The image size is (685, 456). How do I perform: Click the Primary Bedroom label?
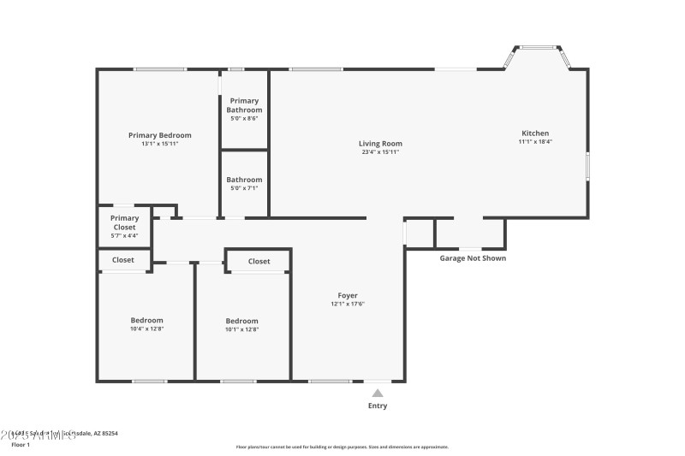pyautogui.click(x=159, y=135)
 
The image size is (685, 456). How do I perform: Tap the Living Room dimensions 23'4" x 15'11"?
pyautogui.click(x=380, y=152)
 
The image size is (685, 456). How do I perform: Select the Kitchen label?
pyautogui.click(x=535, y=133)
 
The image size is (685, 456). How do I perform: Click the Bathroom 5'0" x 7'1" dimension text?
pyautogui.click(x=244, y=188)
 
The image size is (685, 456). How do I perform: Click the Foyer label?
pyautogui.click(x=348, y=296)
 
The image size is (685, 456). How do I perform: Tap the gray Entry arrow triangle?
pyautogui.click(x=377, y=393)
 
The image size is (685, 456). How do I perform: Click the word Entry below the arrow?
pyautogui.click(x=377, y=406)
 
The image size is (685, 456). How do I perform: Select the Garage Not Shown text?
pyautogui.click(x=473, y=258)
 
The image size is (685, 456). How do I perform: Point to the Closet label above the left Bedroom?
pyautogui.click(x=123, y=260)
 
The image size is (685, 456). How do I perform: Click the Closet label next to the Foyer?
pyautogui.click(x=259, y=262)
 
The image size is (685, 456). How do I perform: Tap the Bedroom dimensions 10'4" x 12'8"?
pyautogui.click(x=146, y=329)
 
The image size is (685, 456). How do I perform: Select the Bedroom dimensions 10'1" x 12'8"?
pyautogui.click(x=241, y=329)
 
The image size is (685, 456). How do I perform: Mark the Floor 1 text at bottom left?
pyautogui.click(x=20, y=445)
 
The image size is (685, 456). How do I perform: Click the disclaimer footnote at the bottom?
pyautogui.click(x=342, y=447)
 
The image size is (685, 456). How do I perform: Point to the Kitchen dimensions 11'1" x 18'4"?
pyautogui.click(x=535, y=142)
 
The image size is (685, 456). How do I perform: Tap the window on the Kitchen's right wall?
pyautogui.click(x=587, y=165)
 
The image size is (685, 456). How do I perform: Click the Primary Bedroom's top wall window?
pyautogui.click(x=160, y=69)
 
